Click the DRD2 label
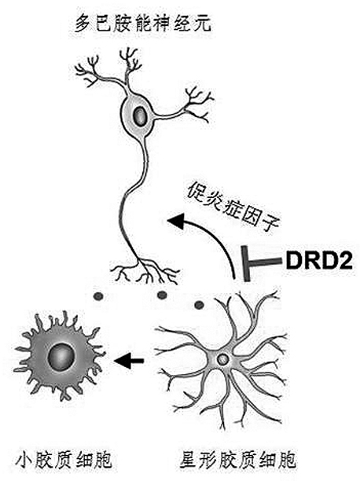click(x=318, y=261)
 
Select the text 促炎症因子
click(x=233, y=208)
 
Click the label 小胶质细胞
click(x=64, y=458)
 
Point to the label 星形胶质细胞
click(x=237, y=458)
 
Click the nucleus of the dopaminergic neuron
click(x=140, y=116)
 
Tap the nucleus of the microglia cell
click(x=61, y=357)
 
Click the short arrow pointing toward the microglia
click(x=129, y=360)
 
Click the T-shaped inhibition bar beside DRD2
click(x=261, y=263)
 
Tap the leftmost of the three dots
click(x=99, y=296)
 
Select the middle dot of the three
click(x=162, y=295)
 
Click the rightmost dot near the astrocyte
click(x=199, y=305)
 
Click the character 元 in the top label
click(x=202, y=23)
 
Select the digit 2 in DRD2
click(x=345, y=261)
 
